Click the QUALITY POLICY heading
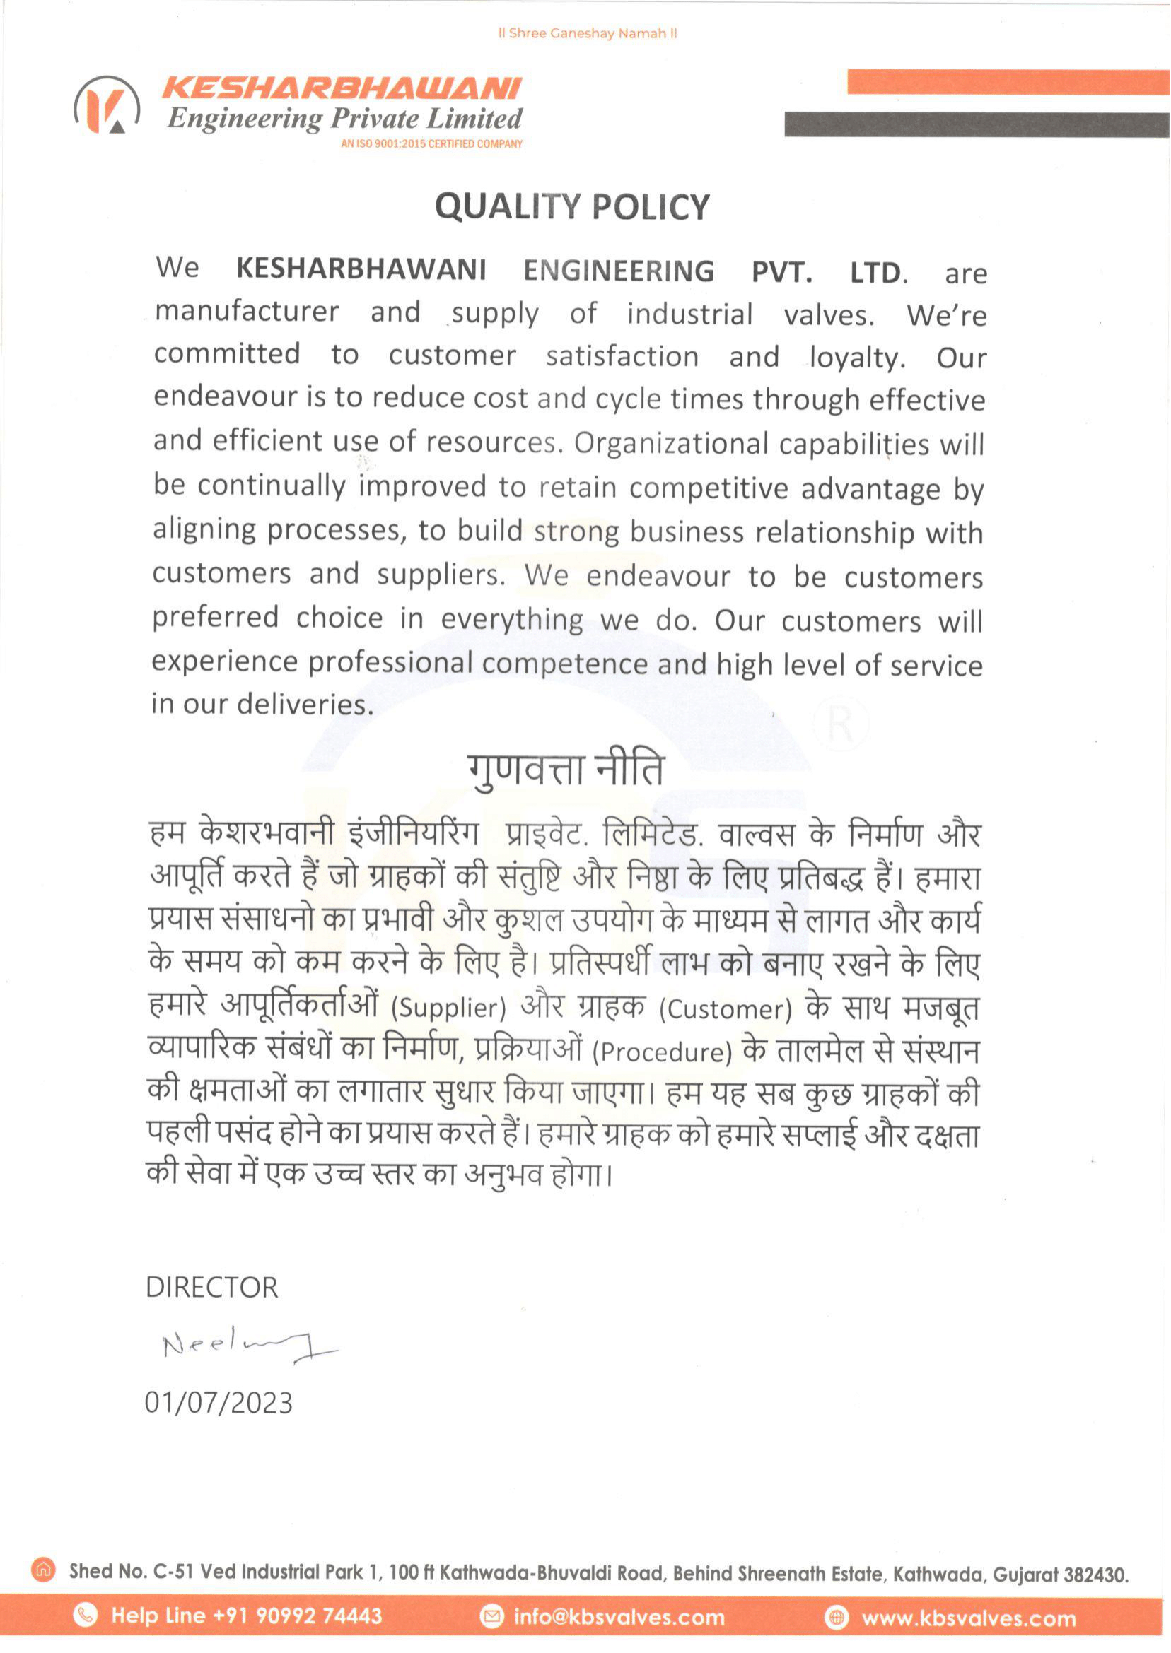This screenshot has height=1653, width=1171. click(573, 207)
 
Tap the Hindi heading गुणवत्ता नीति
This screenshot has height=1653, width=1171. click(564, 770)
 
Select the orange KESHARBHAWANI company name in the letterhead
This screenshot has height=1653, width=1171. click(341, 88)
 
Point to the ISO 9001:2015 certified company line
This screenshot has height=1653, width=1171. click(431, 144)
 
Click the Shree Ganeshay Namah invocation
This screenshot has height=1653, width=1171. click(588, 34)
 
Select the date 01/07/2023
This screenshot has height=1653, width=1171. click(219, 1401)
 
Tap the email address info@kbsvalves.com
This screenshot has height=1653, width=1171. click(619, 1617)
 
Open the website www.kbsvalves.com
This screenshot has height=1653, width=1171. click(968, 1618)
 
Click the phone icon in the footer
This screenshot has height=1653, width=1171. click(86, 1616)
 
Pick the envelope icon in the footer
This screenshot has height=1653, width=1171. click(491, 1617)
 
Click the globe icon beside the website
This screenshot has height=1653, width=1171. click(837, 1618)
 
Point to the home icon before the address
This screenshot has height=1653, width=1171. click(44, 1569)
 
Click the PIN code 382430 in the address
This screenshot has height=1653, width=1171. click(1096, 1574)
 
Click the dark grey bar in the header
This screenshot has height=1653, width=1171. click(977, 124)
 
